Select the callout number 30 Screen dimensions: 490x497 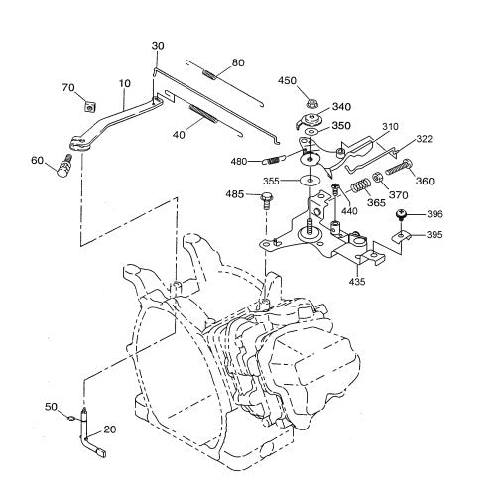159,46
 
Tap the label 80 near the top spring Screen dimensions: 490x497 237,61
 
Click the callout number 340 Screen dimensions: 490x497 341,107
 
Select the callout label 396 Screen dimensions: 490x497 435,214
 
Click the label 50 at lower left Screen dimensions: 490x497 51,407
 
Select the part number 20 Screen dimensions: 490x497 110,429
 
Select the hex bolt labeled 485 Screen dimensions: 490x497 266,202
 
